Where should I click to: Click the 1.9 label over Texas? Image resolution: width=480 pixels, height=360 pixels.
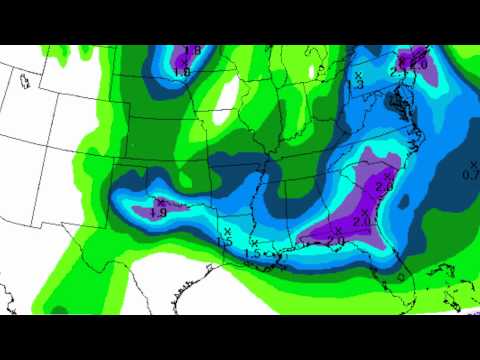pos(158,212)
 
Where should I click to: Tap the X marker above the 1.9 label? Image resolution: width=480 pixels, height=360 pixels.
pos(160,202)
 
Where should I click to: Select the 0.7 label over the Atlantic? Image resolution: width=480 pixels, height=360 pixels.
pos(472,175)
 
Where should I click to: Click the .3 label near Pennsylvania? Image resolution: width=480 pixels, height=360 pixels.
pos(359,85)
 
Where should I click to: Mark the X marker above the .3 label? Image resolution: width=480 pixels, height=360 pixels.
pos(358,75)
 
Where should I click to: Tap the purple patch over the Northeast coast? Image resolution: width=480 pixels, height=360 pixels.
pos(412,60)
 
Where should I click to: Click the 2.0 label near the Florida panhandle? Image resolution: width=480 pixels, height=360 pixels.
pos(335,241)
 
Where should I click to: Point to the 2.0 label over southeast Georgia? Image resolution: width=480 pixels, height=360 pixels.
pos(361,220)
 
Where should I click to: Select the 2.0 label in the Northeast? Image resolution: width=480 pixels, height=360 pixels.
pos(419,64)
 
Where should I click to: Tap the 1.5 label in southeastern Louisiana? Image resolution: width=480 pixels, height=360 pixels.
pos(253,254)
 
